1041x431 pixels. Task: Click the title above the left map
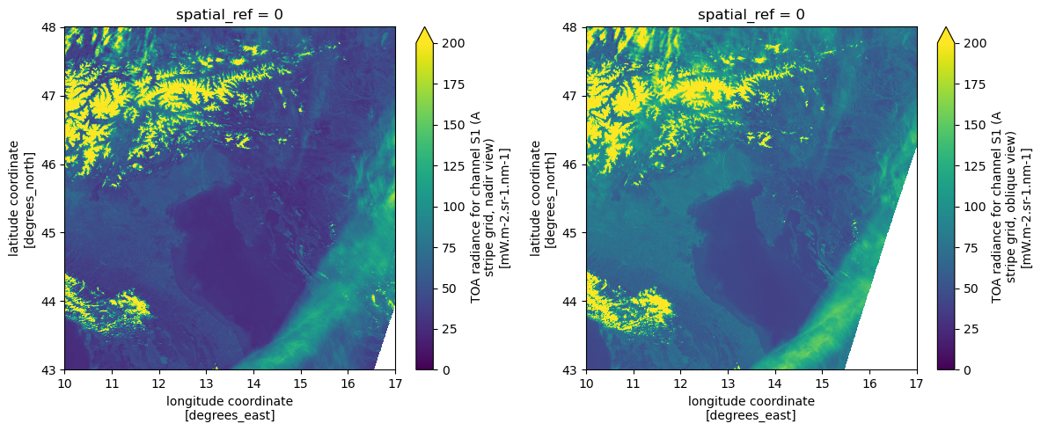pyautogui.click(x=229, y=14)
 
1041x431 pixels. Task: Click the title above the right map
pyautogui.click(x=751, y=14)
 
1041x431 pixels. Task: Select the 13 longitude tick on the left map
pyautogui.click(x=206, y=384)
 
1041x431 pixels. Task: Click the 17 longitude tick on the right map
pyautogui.click(x=916, y=384)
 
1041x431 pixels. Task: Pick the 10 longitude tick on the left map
pyautogui.click(x=64, y=384)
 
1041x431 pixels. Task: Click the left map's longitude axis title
pyautogui.click(x=229, y=407)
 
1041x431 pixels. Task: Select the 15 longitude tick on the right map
pyautogui.click(x=822, y=384)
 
